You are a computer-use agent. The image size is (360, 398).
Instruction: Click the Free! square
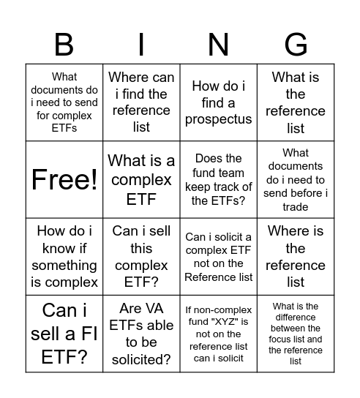(x=64, y=180)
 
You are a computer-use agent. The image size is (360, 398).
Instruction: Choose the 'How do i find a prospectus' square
(x=218, y=102)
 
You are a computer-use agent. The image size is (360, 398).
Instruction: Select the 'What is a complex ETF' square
(x=141, y=180)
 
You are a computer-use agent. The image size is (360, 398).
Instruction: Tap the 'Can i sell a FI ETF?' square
(x=64, y=333)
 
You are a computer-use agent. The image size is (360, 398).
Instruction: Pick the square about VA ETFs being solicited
(x=141, y=333)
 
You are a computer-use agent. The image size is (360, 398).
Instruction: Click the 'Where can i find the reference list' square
(x=141, y=102)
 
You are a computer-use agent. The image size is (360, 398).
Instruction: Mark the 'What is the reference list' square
(x=296, y=102)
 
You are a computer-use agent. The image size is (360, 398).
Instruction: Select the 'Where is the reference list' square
(x=296, y=256)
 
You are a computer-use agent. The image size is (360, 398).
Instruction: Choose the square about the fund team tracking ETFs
(x=218, y=180)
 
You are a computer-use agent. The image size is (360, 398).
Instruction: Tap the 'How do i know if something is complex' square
(x=64, y=256)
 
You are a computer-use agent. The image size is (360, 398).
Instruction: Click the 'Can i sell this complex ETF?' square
(x=141, y=256)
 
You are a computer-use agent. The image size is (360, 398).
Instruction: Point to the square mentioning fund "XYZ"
(x=218, y=333)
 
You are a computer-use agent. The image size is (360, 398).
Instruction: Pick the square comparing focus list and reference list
(x=296, y=333)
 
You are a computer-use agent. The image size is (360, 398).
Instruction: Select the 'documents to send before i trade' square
(x=296, y=180)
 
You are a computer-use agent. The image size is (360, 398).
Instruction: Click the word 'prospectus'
(x=218, y=120)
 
